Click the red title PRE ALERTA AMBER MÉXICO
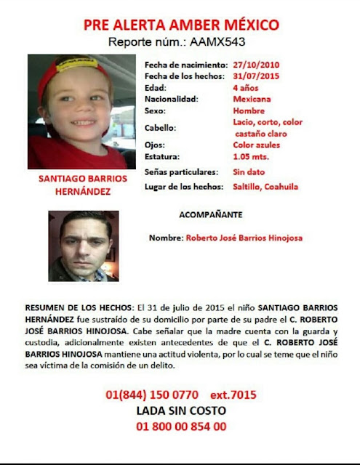click(181, 25)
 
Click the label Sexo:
click(156, 111)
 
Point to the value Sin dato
click(247, 172)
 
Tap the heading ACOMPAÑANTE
click(211, 215)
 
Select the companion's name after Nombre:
click(244, 238)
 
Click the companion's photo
click(83, 246)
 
